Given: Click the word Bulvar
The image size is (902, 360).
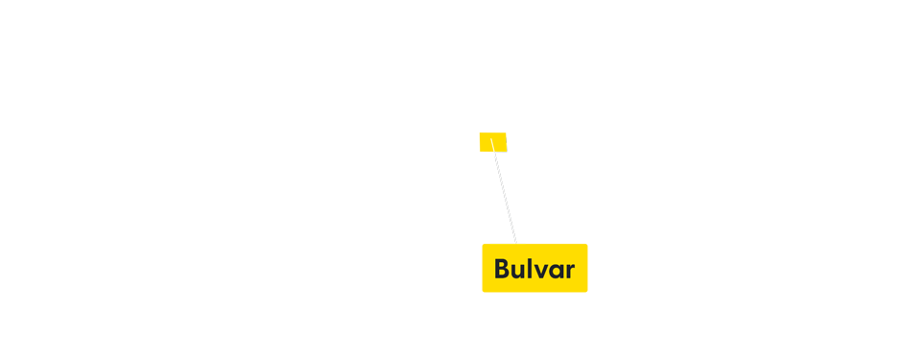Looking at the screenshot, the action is pos(534,269).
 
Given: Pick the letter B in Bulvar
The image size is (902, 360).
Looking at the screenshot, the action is pos(502,269).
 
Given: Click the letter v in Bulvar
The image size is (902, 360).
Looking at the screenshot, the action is pos(541,271).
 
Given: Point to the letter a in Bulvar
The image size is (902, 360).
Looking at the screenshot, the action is pos(557,271).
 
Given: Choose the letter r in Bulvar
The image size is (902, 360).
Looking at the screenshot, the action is pos(570,271).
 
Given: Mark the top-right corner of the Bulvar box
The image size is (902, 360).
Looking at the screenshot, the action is pos(587,244).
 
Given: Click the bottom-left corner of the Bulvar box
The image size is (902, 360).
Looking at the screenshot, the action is pos(482,292).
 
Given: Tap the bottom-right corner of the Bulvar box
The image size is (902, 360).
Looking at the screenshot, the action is pos(587,292).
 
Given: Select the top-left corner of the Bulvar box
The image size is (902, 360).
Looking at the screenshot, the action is pos(482,244).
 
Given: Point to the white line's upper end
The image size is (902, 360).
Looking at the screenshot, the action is pos(491,139).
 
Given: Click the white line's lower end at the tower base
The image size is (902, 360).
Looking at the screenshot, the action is pos(516,243).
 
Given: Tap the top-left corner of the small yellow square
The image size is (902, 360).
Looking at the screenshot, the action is pos(480,132).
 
